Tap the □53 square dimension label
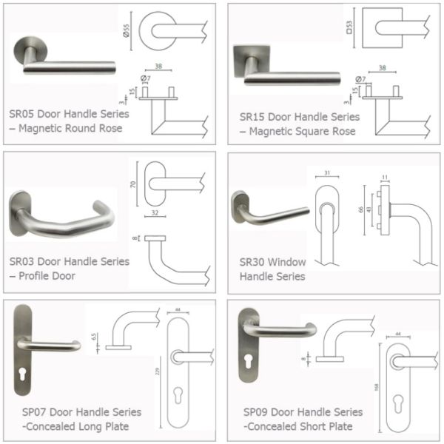(349, 30)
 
